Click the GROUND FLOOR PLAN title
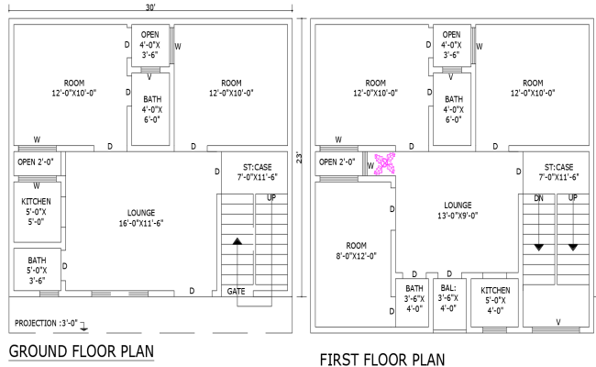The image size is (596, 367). coord(81,351)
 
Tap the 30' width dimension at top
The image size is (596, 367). coord(151,7)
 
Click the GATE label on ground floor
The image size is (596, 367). coord(237,291)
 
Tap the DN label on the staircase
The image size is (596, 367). coord(539,198)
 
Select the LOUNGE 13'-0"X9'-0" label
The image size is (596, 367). coord(457,210)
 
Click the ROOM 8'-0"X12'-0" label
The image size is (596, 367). coord(356,250)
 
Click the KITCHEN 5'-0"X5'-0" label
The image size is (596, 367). coord(37,211)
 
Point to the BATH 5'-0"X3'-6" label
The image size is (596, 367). coord(37,270)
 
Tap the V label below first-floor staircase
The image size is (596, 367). coord(557,322)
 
